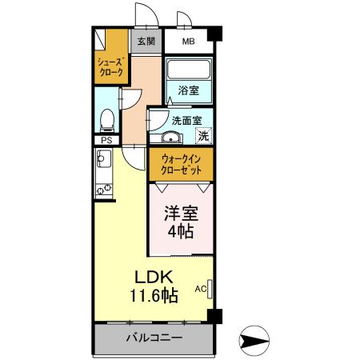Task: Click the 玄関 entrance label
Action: [x=145, y=41]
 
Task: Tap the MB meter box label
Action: [x=189, y=41]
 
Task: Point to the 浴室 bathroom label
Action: [x=190, y=91]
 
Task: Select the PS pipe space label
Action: [x=106, y=141]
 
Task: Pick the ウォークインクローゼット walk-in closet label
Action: [x=180, y=164]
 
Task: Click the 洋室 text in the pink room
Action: [x=181, y=214]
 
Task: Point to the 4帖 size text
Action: [x=181, y=234]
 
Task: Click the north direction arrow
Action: [x=255, y=340]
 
